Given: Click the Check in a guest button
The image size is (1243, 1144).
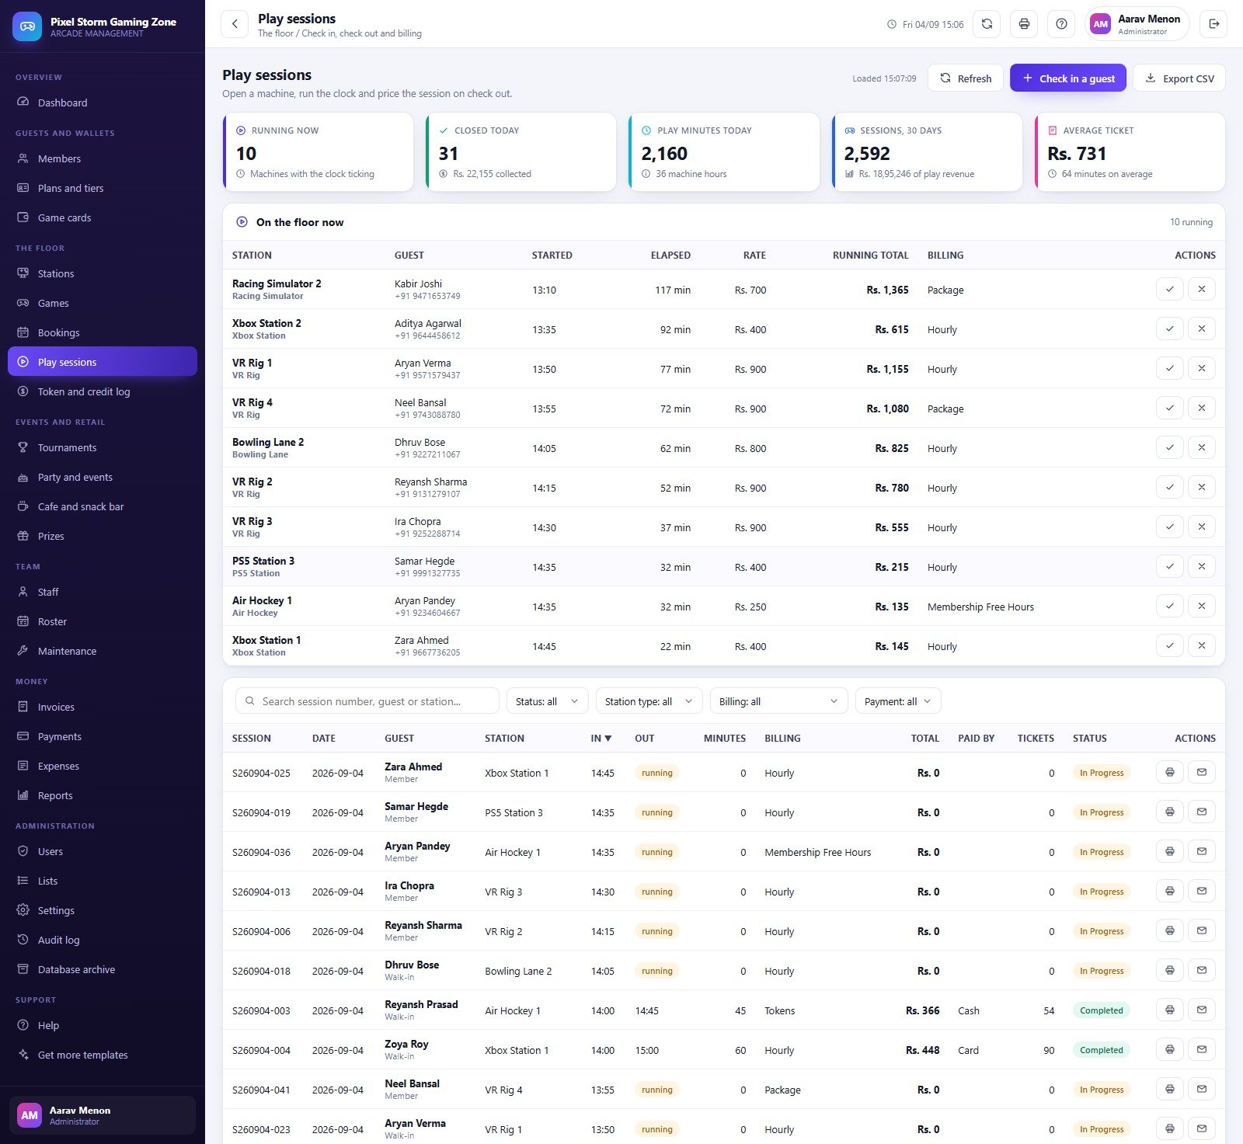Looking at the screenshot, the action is [x=1067, y=78].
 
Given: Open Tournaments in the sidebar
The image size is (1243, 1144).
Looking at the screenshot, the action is [x=67, y=447].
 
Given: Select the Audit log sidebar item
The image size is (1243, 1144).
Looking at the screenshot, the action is [x=58, y=940].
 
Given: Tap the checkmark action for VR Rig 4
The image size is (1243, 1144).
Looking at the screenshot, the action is [x=1169, y=408].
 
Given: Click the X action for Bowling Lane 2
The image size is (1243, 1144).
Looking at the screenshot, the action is [x=1201, y=447].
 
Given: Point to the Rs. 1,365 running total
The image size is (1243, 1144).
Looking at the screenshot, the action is [x=887, y=290].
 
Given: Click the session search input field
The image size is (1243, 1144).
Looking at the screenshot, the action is [x=367, y=701].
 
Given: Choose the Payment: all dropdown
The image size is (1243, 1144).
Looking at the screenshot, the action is [x=897, y=701].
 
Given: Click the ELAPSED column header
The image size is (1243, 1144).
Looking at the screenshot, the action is [x=670, y=255].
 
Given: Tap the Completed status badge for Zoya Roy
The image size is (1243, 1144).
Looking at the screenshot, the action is [x=1101, y=1050].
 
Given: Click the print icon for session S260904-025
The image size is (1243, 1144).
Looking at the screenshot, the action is [x=1169, y=772].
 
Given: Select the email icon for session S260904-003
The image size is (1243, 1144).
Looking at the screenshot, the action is [x=1201, y=1010].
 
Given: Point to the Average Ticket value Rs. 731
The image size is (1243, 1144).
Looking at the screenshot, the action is [x=1077, y=154].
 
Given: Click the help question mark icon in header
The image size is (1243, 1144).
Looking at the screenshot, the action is [x=1061, y=24].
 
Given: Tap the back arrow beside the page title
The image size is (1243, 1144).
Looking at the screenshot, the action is [x=235, y=24].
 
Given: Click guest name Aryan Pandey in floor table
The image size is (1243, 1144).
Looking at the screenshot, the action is [x=425, y=600].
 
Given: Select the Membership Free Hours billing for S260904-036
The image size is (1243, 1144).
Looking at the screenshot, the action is [x=817, y=852].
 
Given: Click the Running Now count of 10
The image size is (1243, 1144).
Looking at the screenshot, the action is [x=246, y=154].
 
